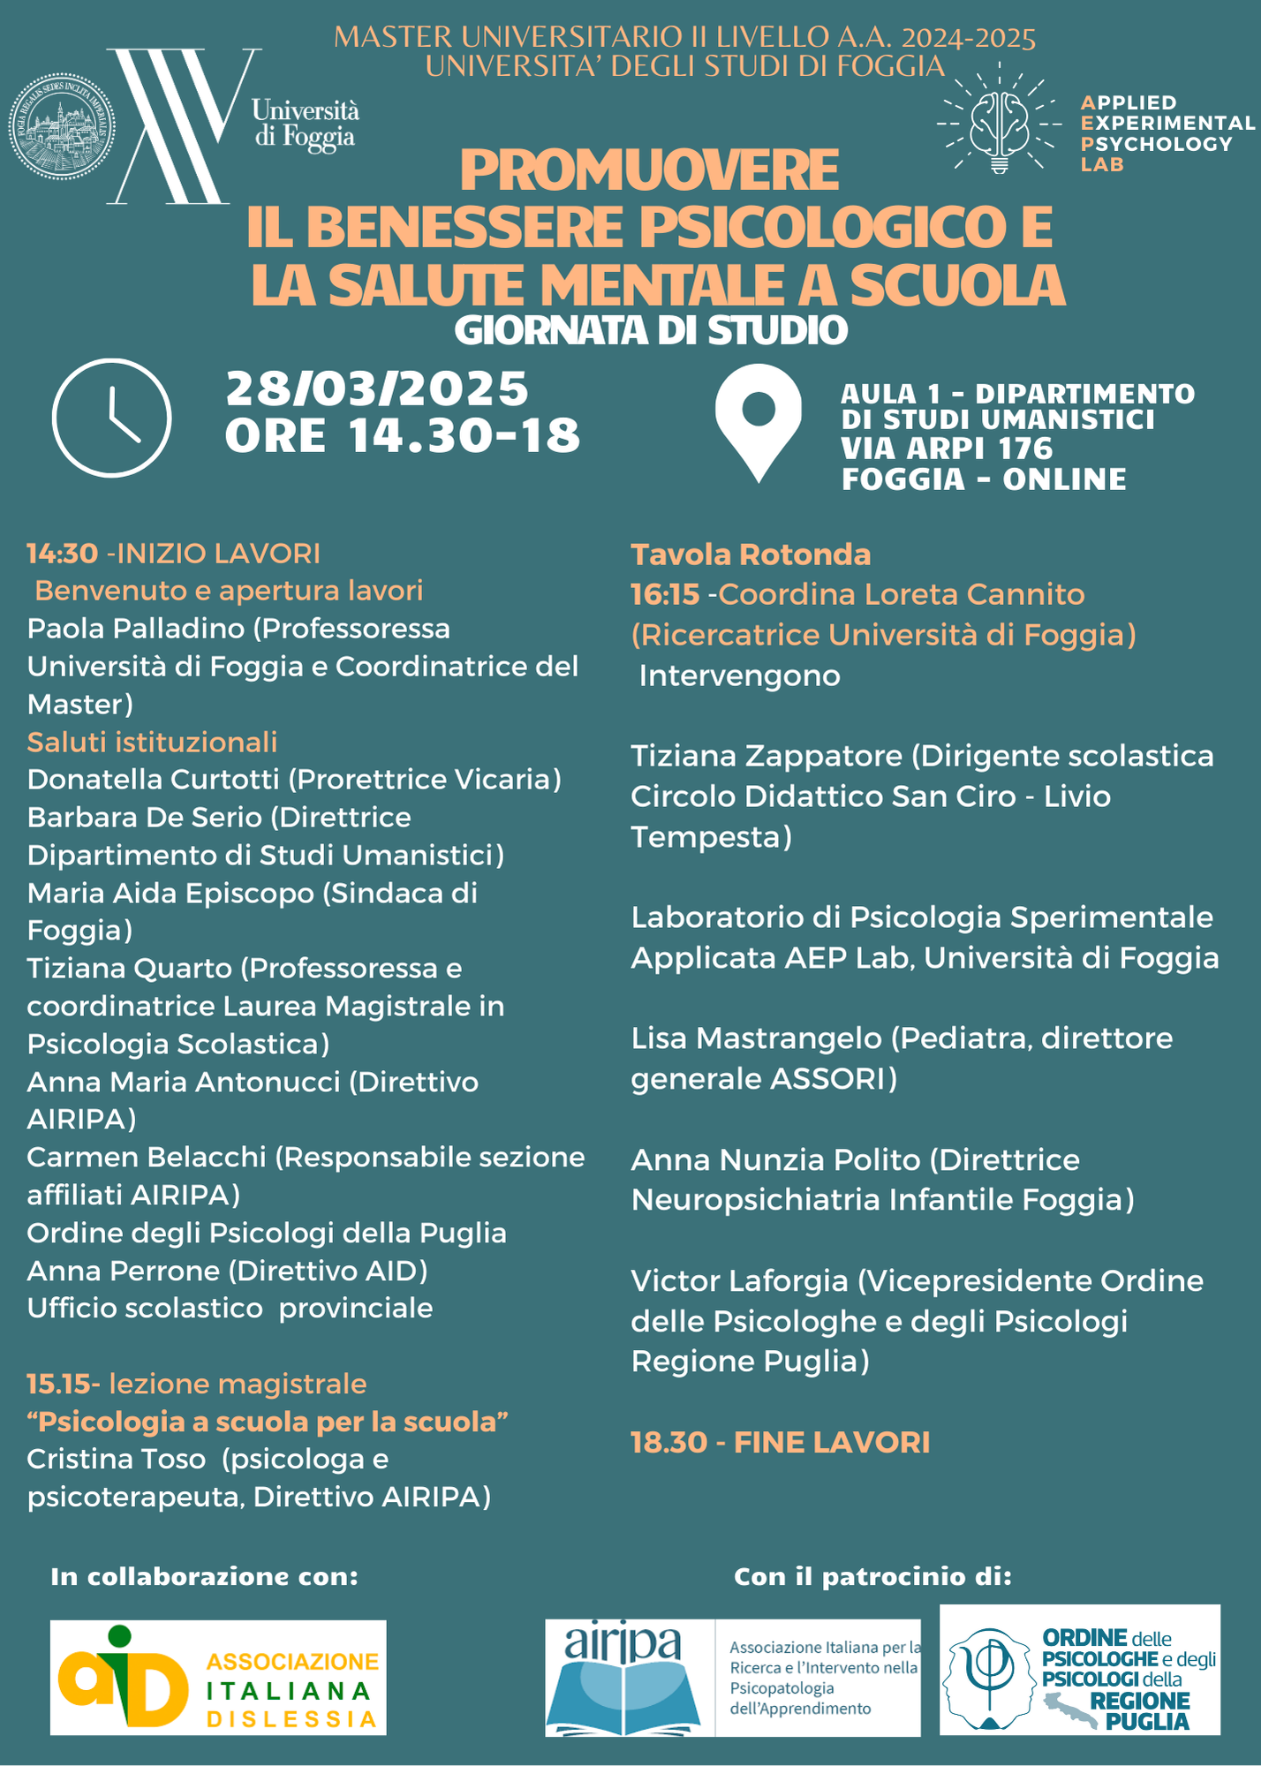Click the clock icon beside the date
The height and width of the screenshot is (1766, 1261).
[x=111, y=418]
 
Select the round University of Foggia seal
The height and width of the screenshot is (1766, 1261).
[x=62, y=127]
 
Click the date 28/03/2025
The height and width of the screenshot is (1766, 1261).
[x=377, y=389]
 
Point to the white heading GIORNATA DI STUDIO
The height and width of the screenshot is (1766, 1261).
[x=651, y=330]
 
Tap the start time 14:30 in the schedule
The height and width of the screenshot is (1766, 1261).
[x=62, y=554]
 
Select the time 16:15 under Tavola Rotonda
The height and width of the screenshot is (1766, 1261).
[x=664, y=594]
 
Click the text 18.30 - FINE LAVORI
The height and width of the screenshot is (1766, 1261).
[x=780, y=1442]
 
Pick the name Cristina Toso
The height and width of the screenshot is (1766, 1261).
[x=116, y=1459]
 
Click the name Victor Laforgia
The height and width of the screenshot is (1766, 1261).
[x=739, y=1280]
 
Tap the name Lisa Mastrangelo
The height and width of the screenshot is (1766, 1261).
[x=756, y=1038]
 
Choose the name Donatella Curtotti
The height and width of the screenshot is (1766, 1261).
[x=154, y=779]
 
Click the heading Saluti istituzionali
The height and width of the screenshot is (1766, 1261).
[x=152, y=742]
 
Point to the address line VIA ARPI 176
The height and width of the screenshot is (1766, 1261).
[x=947, y=449]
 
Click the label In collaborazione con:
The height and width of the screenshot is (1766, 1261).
[x=205, y=1576]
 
